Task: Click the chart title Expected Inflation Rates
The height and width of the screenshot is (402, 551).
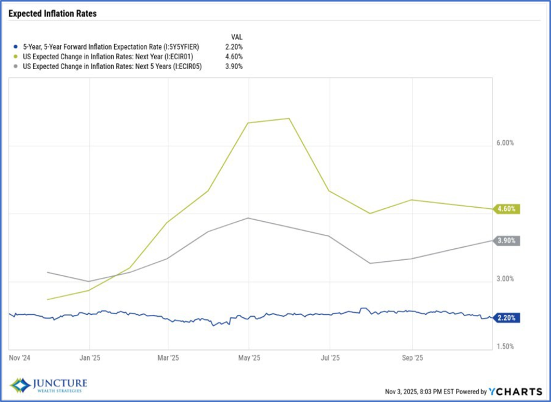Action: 52,14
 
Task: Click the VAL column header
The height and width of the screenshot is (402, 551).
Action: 236,37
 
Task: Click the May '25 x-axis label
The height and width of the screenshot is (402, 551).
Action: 249,358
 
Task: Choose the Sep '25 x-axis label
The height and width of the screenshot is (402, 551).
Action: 412,358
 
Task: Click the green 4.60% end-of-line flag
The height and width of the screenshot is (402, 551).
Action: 506,209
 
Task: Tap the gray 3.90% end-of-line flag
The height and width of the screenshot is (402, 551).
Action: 506,240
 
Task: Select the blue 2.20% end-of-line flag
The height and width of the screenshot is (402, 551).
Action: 506,318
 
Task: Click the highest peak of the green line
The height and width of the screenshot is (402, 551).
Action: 289,118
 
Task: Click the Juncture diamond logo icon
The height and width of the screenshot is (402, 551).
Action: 20,385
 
